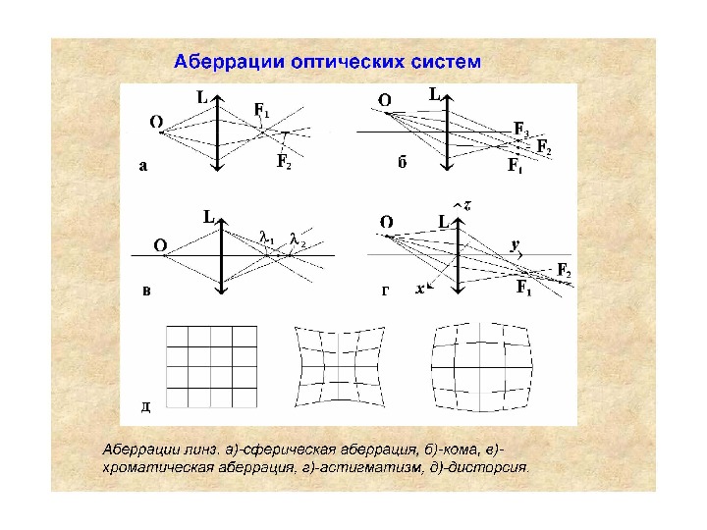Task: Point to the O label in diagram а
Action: coord(156,122)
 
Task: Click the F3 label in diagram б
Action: coord(520,129)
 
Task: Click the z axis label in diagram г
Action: coord(468,205)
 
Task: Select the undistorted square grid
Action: coord(210,364)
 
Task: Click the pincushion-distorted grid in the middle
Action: coord(339,366)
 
